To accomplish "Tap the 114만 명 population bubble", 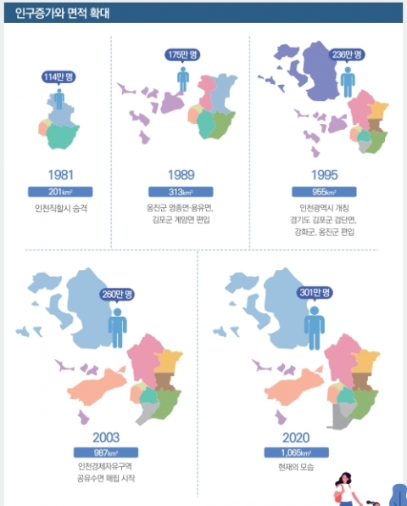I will [59, 77].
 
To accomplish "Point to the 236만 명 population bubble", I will [347, 53].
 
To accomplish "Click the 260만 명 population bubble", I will [117, 294].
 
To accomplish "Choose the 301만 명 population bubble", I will [315, 294].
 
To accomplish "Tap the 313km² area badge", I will [182, 191].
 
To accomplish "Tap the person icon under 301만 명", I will [315, 322].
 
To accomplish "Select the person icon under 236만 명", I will [347, 82].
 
